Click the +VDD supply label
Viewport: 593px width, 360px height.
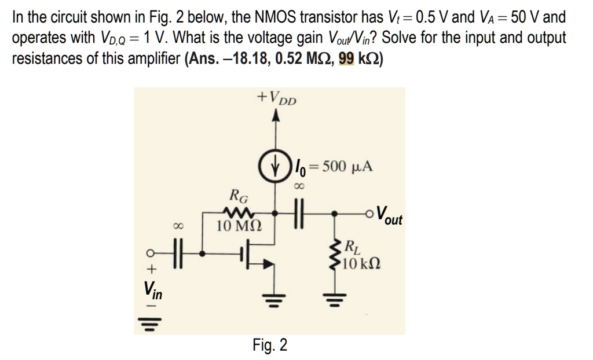point(276,98)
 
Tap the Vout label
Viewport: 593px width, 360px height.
point(389,215)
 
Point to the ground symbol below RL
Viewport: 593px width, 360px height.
point(334,299)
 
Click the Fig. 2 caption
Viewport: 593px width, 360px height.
point(270,346)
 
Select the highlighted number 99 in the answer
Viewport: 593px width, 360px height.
point(345,59)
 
